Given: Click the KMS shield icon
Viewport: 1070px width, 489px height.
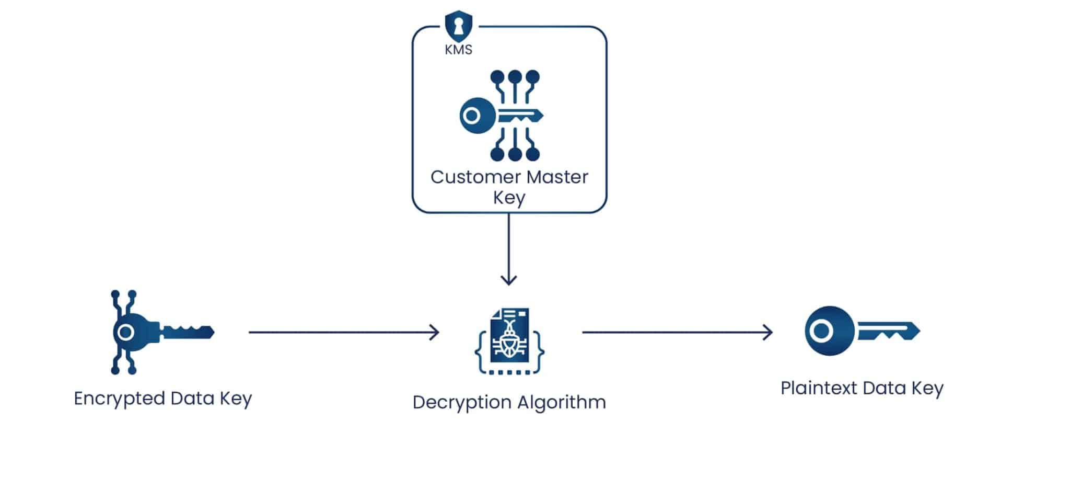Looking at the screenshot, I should (458, 26).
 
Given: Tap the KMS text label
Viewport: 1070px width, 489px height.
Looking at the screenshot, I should (458, 50).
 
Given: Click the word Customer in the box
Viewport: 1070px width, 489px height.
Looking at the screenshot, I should (475, 177).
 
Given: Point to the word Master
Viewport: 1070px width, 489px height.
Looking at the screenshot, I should (557, 177).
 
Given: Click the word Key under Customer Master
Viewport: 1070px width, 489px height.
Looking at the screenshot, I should (509, 198).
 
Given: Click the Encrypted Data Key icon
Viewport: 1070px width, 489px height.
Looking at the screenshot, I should (157, 332).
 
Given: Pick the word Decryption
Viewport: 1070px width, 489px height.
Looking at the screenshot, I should (461, 403).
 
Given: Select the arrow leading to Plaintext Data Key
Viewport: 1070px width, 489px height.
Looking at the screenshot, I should (677, 332).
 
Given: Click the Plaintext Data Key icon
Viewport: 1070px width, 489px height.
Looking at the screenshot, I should (862, 331).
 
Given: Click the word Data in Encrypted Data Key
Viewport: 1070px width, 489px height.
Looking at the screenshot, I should (192, 399).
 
